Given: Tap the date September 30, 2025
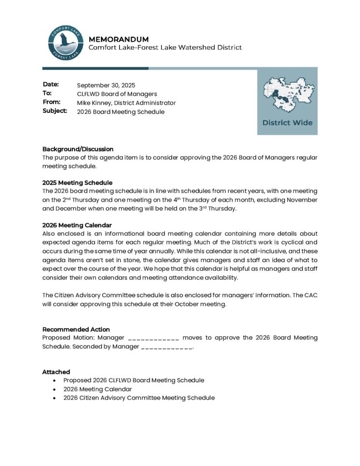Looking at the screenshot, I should pos(106,85).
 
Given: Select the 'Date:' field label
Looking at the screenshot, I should pos(51,85).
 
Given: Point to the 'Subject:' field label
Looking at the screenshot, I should pos(55,111).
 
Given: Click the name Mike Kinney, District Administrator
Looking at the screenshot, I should pos(126,103).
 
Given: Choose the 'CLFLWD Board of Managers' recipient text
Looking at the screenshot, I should pos(117,94).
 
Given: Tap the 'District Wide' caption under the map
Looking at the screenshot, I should pos(287,123).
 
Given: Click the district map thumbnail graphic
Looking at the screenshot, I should pos(287,94).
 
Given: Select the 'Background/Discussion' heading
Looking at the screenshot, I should pos(78,149).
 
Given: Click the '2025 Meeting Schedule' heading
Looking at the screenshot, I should pos(77,182).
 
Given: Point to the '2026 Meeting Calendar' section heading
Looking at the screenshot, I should pos(77,225).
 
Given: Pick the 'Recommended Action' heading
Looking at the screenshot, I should pos(76,329).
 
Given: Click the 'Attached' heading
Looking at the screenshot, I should pos(56,372).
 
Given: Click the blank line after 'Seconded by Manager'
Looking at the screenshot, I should pos(167,347).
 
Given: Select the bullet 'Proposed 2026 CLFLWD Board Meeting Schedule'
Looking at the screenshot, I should pos(134,380).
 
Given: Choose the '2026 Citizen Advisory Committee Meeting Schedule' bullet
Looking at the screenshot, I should pos(139,398).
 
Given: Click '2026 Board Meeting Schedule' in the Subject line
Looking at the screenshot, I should pos(121,112).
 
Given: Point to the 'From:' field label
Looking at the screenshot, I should pos(51,102).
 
